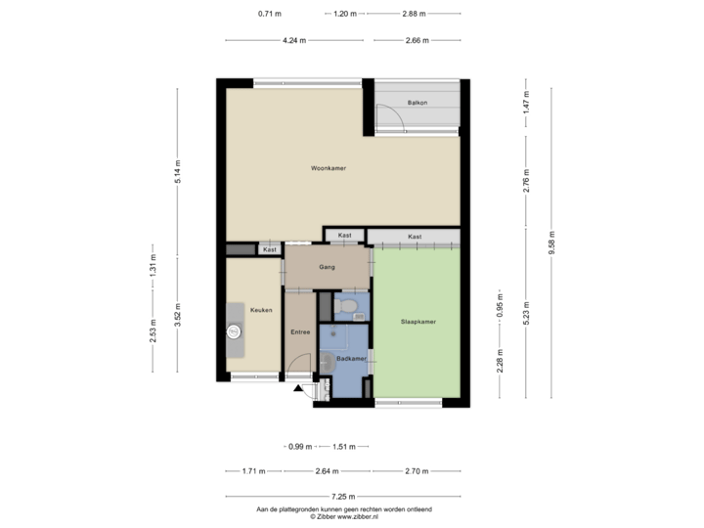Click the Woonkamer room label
point(329,168)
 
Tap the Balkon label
point(418,101)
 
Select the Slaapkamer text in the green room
point(418,320)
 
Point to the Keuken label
point(260,310)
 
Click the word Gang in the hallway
point(328,266)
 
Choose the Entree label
point(300,331)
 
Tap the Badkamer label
point(349,358)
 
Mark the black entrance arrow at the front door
point(297,389)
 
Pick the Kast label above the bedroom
point(415,237)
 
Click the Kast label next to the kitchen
point(270,250)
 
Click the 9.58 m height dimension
point(552,242)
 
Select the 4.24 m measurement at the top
point(293,40)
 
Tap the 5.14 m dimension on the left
point(177,171)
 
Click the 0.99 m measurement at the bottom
point(300,447)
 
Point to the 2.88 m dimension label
point(415,14)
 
